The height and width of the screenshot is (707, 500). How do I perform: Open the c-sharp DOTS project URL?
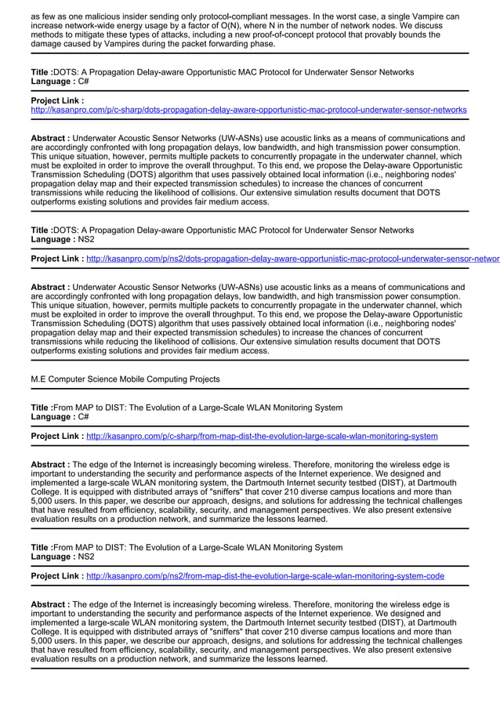248,111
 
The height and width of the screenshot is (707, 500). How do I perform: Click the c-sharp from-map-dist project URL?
262,436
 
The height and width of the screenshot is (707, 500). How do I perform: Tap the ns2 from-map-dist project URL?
265,575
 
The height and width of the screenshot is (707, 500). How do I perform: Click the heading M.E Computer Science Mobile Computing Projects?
125,379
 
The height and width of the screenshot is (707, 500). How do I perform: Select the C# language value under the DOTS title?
83,82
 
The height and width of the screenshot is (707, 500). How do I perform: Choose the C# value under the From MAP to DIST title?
83,417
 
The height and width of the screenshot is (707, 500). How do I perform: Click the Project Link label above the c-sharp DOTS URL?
57,101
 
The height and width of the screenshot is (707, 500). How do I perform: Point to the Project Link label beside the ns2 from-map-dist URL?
57,575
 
